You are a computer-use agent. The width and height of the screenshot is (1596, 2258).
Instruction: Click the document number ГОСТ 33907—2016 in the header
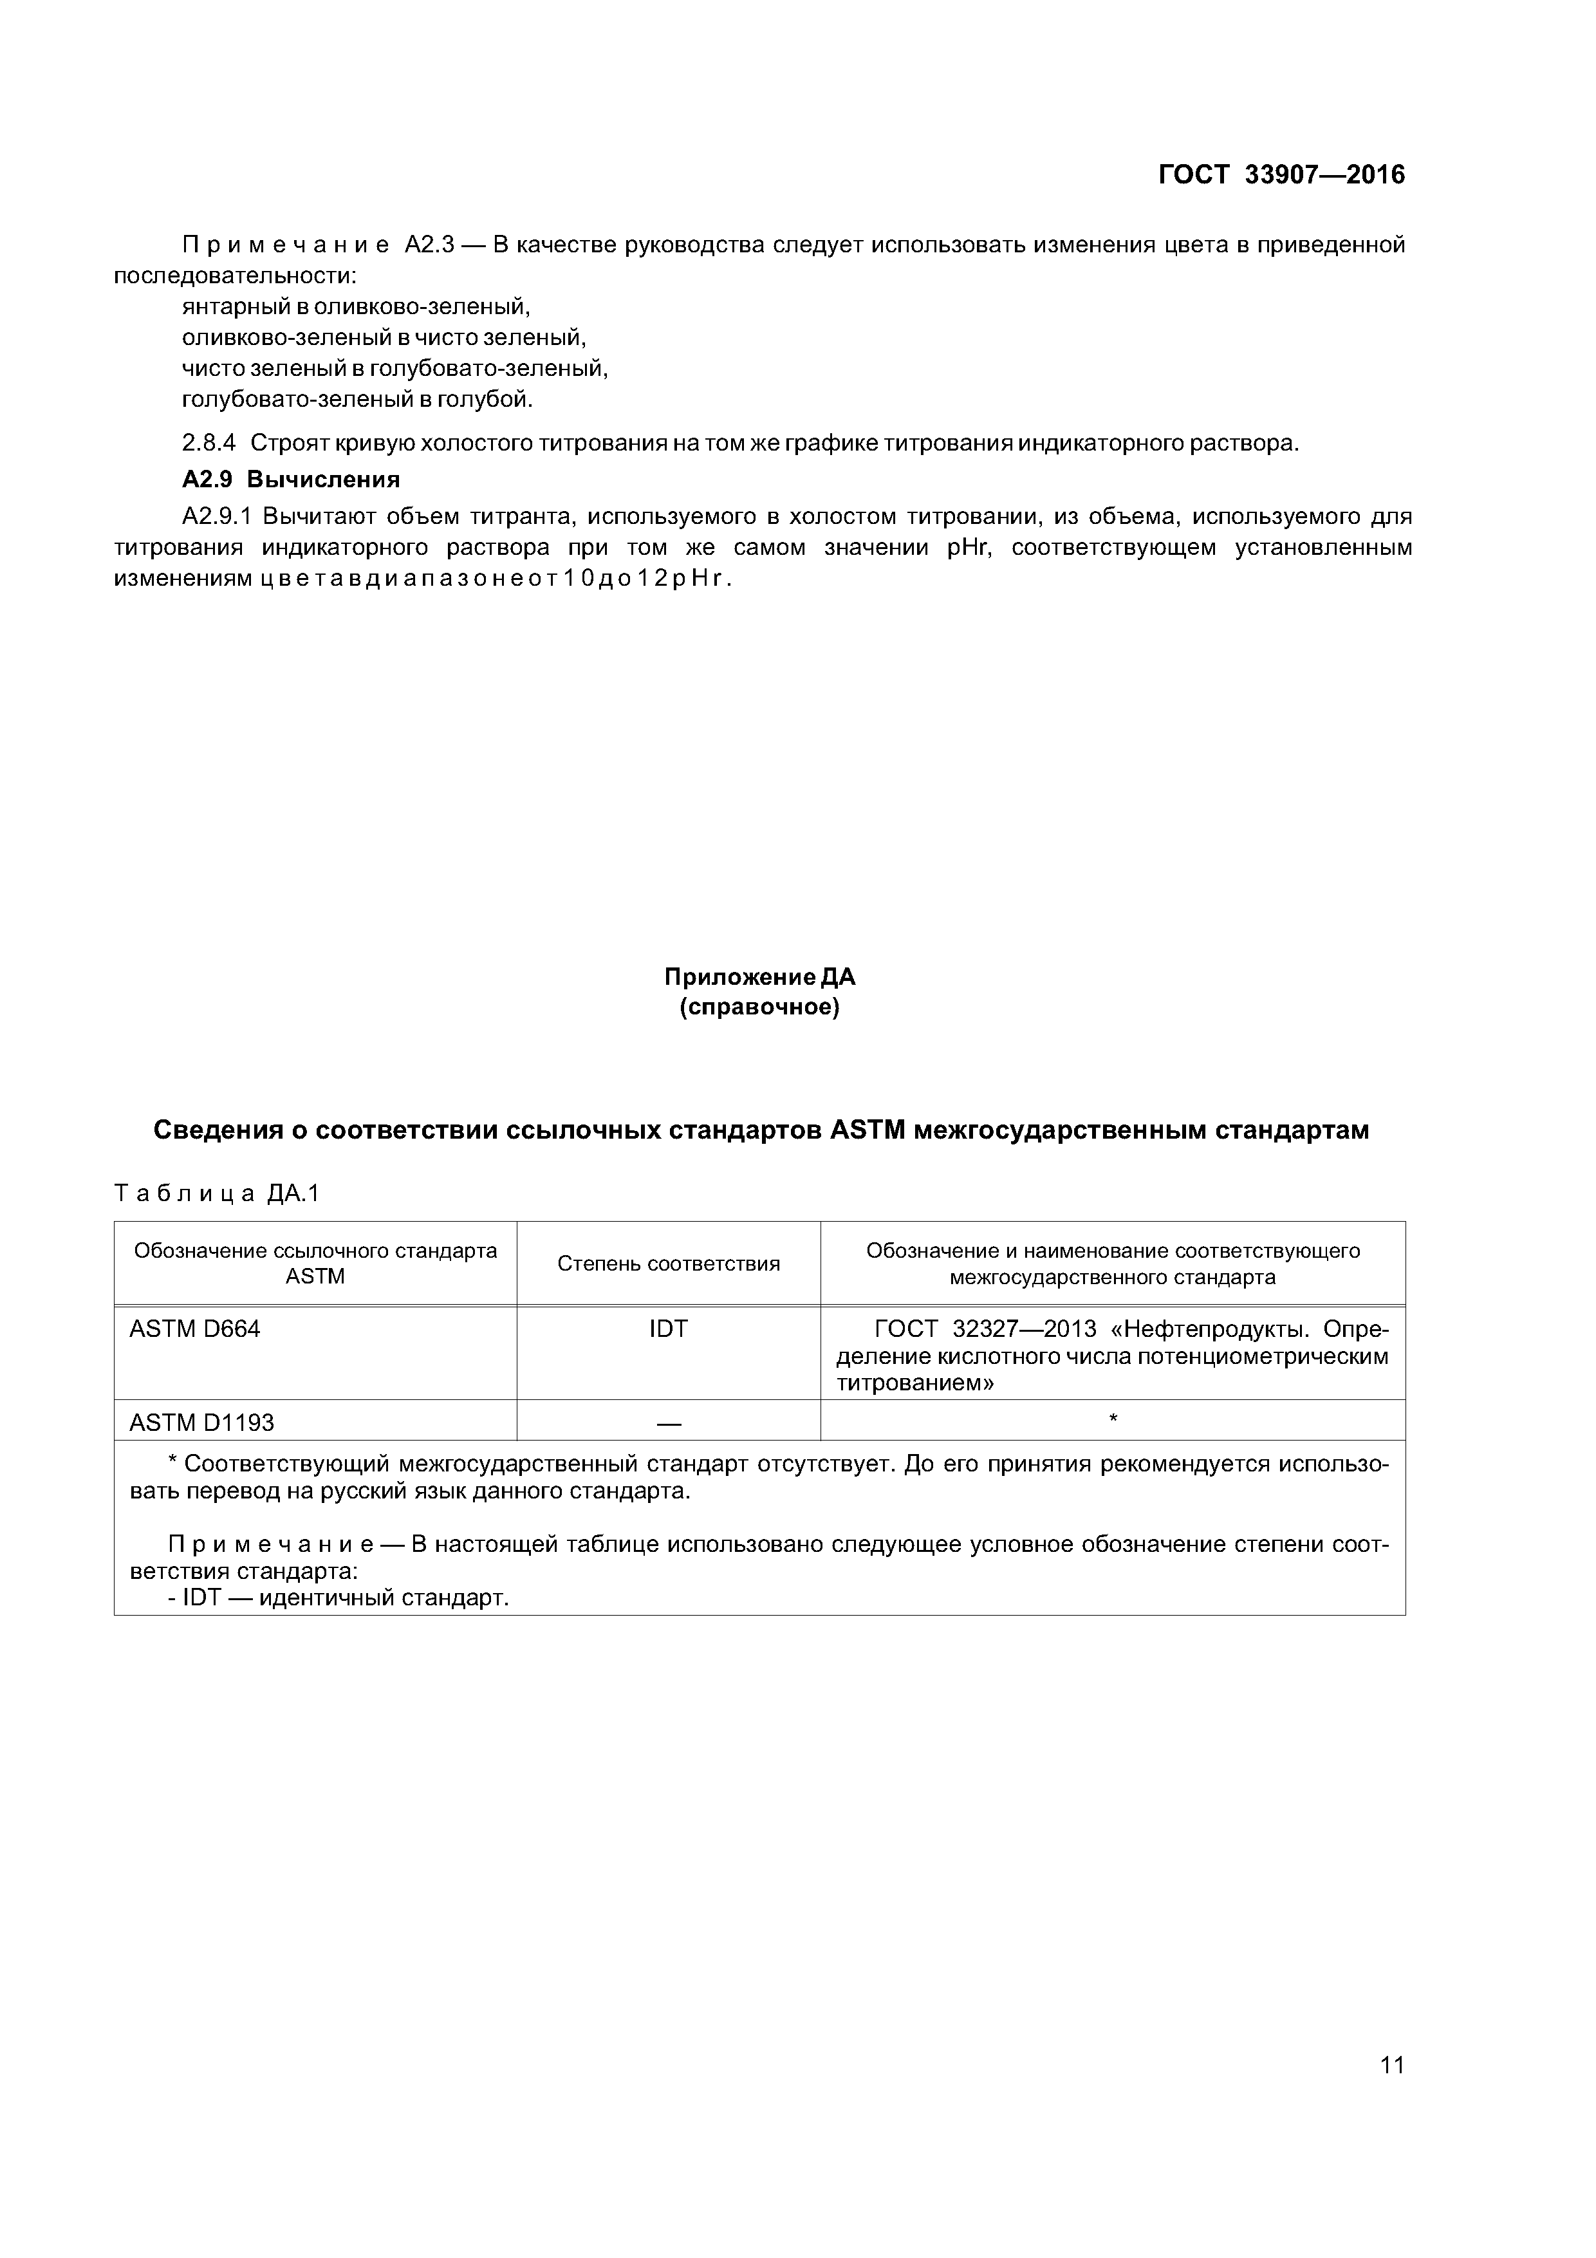click(x=1281, y=175)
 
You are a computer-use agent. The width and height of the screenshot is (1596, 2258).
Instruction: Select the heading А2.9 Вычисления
click(x=291, y=480)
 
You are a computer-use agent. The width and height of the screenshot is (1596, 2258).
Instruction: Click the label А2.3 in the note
click(x=429, y=245)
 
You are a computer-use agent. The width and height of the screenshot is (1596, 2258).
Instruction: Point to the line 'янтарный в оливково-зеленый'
click(x=356, y=307)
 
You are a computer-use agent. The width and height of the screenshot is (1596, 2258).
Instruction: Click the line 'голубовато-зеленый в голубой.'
click(x=357, y=400)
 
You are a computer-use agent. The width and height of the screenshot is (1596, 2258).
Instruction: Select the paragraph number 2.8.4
click(x=209, y=443)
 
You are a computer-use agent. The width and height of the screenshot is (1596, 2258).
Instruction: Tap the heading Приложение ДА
click(x=759, y=978)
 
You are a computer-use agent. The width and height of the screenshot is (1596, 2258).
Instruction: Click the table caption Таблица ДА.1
click(x=216, y=1194)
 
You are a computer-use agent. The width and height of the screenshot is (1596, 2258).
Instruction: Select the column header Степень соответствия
click(x=669, y=1264)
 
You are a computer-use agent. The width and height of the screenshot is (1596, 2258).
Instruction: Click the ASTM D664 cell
click(x=195, y=1330)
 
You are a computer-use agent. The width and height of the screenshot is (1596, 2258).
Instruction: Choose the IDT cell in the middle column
click(x=669, y=1330)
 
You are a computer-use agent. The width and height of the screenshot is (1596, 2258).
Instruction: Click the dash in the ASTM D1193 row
click(x=669, y=1423)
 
